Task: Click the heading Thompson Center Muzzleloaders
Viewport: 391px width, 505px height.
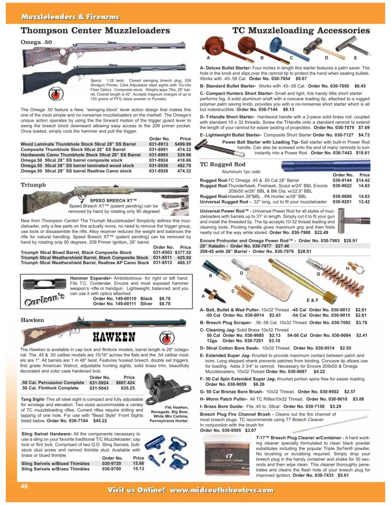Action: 95,31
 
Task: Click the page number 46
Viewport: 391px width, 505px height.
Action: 24,486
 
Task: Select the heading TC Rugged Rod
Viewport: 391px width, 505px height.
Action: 222,164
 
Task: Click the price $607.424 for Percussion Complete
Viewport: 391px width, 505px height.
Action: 126,383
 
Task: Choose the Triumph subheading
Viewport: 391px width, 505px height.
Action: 33,185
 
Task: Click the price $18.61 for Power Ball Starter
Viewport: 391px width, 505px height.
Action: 363,154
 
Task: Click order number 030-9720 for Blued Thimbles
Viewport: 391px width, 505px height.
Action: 112,463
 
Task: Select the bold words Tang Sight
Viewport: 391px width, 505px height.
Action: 33,399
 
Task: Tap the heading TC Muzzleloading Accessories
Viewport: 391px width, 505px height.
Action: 301,31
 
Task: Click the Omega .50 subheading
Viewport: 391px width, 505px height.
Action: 37,42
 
